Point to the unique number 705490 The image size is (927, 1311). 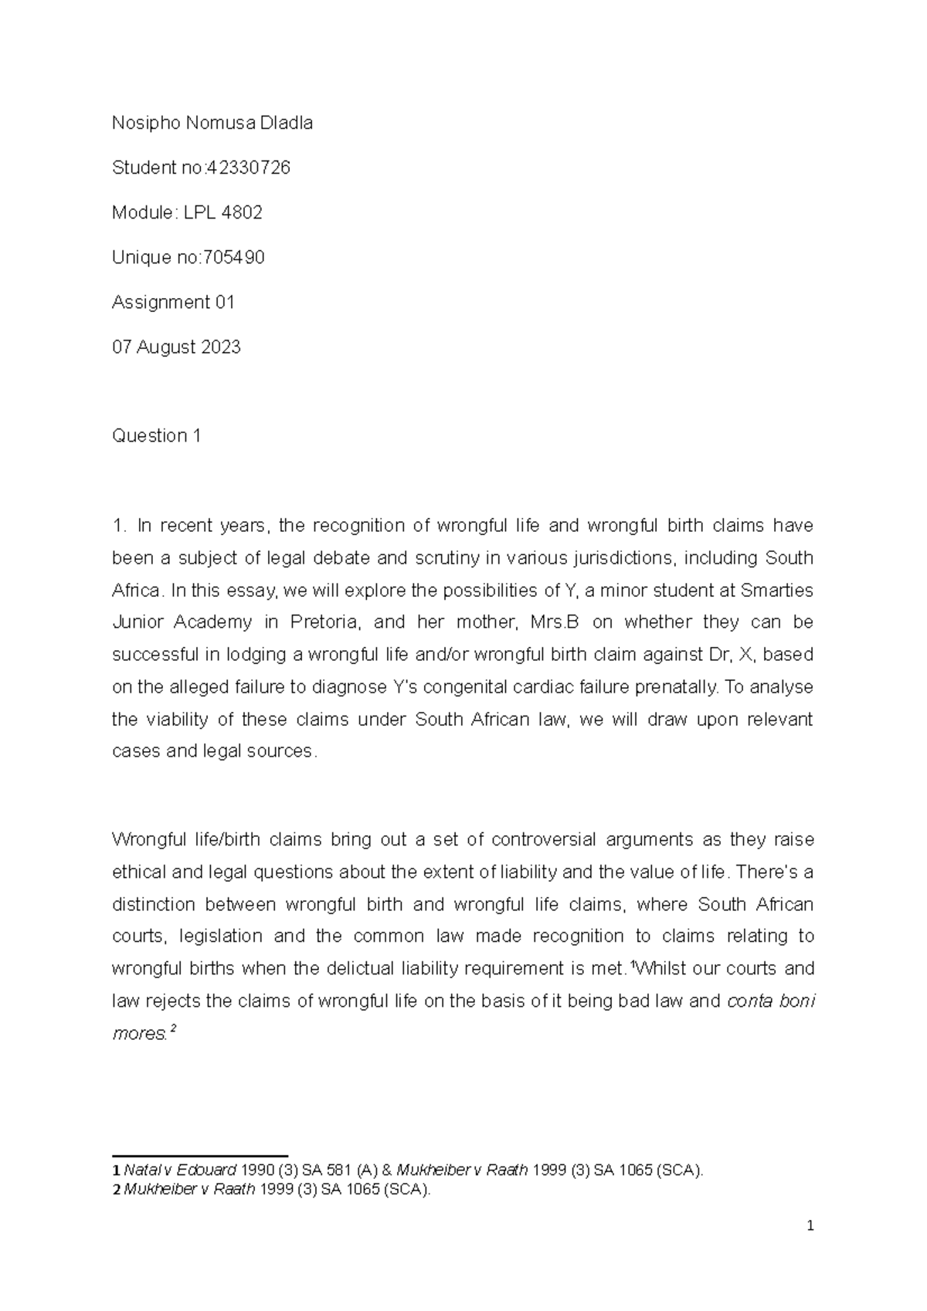233,257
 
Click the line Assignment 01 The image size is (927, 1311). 173,302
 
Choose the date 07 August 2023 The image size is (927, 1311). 176,347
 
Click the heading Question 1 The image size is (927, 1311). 156,435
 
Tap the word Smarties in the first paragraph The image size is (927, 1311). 776,591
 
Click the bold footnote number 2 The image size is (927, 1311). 116,1190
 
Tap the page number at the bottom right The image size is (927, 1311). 809,1226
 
